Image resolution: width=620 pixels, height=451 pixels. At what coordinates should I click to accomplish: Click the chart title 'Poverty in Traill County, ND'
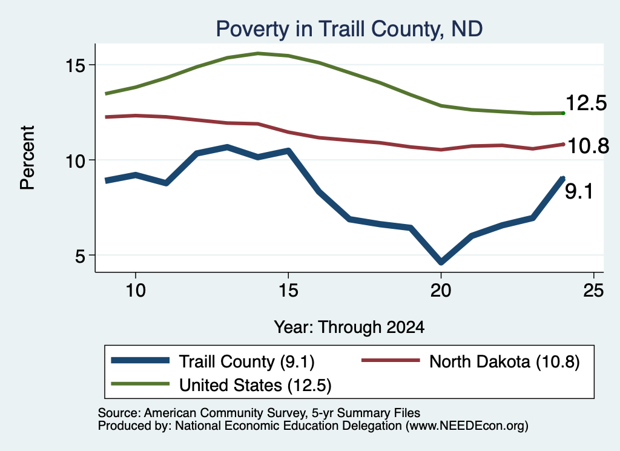(x=349, y=29)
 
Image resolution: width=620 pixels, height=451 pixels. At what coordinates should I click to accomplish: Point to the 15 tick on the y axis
(x=75, y=65)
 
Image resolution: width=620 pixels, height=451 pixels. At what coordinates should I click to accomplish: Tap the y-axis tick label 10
(x=75, y=160)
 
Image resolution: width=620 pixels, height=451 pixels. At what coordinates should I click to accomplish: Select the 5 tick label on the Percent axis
(x=81, y=255)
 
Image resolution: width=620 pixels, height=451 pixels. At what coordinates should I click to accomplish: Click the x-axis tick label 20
(x=441, y=291)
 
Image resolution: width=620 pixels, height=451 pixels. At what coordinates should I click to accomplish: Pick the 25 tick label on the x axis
(x=593, y=291)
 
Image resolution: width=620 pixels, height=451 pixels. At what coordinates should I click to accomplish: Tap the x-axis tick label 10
(x=136, y=291)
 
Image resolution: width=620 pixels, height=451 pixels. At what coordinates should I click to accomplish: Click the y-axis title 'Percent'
(x=27, y=158)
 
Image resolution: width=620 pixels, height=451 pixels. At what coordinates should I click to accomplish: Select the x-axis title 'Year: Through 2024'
(x=349, y=328)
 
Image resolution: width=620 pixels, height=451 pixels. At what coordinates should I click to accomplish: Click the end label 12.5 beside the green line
(x=586, y=103)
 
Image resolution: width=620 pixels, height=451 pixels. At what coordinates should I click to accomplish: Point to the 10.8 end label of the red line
(x=589, y=146)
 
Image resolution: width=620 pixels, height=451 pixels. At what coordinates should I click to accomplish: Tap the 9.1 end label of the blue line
(x=579, y=192)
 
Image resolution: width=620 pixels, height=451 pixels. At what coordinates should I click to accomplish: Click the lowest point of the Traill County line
(x=441, y=262)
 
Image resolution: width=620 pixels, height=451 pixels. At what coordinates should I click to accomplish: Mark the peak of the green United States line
(x=258, y=53)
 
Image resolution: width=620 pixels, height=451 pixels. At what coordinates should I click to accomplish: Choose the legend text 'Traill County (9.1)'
(x=247, y=361)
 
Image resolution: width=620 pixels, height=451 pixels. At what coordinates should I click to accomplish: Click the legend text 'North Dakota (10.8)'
(x=504, y=361)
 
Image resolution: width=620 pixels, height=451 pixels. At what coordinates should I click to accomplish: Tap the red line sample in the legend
(x=391, y=360)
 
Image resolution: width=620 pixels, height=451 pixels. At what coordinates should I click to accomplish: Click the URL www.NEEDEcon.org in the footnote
(x=467, y=426)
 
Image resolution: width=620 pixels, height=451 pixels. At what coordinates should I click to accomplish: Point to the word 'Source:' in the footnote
(x=119, y=413)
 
